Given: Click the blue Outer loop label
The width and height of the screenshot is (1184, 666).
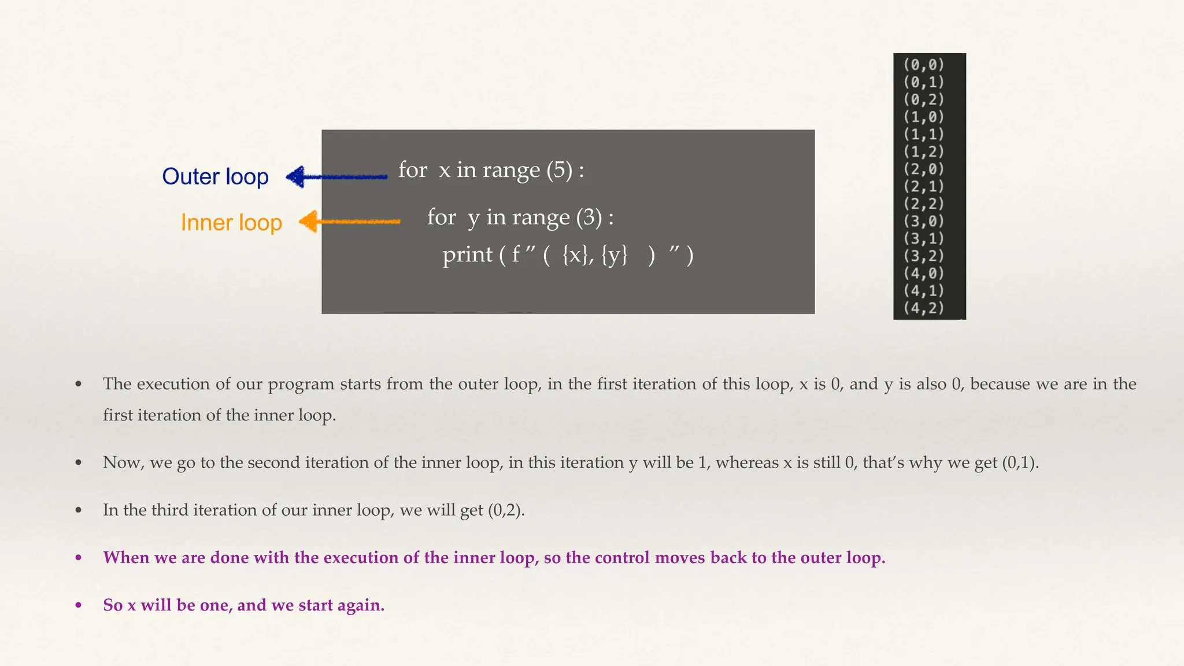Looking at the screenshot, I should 215,176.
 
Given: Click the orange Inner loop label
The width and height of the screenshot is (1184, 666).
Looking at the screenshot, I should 231,223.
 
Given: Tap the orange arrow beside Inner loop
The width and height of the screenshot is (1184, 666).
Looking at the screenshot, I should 349,221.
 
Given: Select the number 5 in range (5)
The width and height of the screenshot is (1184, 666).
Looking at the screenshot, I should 560,170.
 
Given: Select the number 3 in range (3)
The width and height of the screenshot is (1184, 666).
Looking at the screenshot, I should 589,217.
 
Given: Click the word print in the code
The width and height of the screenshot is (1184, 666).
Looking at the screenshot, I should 467,255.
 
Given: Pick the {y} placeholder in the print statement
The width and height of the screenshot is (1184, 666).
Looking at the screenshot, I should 614,255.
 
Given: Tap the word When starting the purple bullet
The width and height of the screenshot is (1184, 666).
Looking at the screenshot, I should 125,557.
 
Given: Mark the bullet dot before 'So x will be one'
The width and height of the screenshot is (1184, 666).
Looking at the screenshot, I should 79,605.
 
